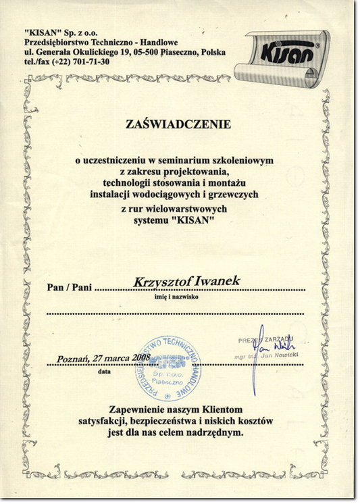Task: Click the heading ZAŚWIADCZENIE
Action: [178, 124]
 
